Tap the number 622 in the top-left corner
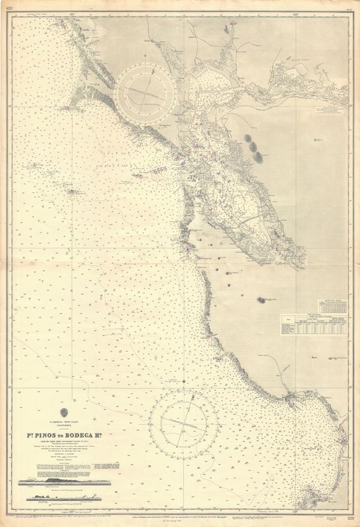click(9, 8)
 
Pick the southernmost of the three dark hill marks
click(258, 157)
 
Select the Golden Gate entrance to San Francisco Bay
click(180, 157)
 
